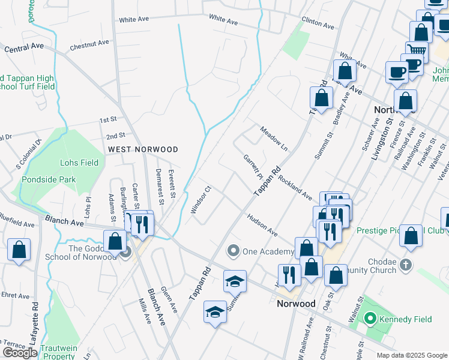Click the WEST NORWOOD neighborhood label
(143, 149)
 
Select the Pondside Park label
(49, 179)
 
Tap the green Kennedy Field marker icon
(370, 319)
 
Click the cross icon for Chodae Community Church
(406, 264)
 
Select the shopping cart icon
(415, 50)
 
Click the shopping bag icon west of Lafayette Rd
(19, 250)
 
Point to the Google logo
(20, 353)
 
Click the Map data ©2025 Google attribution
(412, 355)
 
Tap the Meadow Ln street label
(274, 139)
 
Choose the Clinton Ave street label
(318, 23)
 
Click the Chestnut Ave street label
(89, 44)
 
